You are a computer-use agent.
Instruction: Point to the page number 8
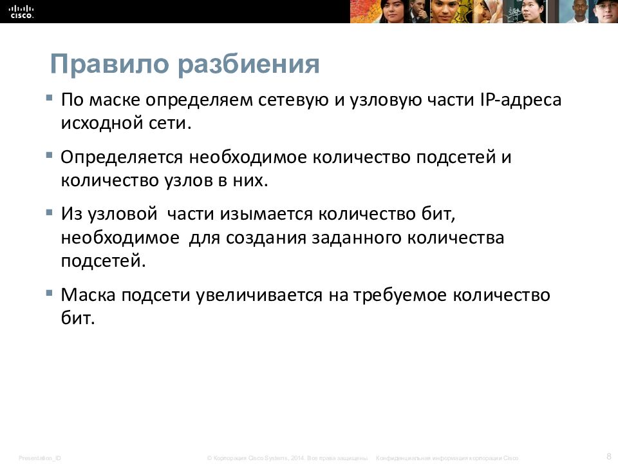click(x=608, y=456)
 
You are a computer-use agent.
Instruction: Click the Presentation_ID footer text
click(x=40, y=458)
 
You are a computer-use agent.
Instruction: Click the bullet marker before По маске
click(x=50, y=97)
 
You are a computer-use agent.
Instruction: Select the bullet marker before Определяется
click(x=50, y=155)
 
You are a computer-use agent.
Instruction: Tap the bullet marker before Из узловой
click(x=50, y=211)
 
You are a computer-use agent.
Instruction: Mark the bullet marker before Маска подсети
click(x=50, y=293)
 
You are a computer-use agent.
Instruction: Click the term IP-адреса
click(x=521, y=101)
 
